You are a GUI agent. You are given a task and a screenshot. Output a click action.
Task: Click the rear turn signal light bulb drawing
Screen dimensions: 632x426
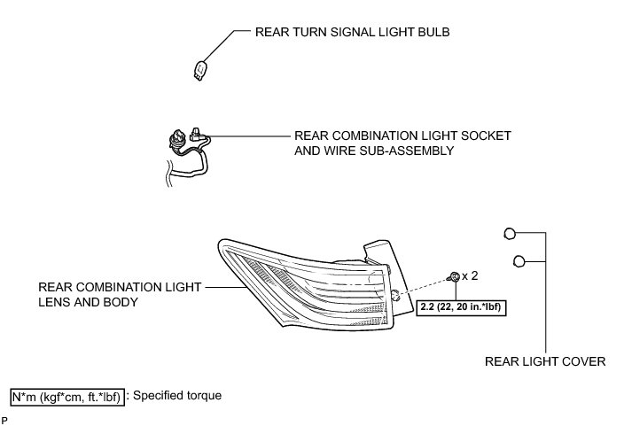coord(200,71)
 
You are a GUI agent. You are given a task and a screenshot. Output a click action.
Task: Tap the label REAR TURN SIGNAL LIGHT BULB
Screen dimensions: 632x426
coord(352,32)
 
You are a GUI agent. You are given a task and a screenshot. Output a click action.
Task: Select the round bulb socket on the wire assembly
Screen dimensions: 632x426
coord(177,139)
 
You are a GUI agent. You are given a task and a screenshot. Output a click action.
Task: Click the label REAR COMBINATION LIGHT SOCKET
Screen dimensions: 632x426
coord(402,136)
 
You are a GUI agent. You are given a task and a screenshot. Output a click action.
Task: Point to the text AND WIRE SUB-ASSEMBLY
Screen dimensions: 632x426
coord(374,151)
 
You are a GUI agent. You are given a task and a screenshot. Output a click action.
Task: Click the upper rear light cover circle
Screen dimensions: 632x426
coord(510,234)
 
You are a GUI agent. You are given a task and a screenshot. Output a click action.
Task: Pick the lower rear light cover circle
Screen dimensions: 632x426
coord(519,261)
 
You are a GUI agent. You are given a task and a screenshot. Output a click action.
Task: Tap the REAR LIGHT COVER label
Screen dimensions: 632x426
coord(545,361)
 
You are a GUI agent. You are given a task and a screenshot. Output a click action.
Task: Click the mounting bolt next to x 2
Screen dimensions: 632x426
coord(454,276)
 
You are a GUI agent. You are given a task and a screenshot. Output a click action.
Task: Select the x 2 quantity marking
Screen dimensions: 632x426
coord(470,275)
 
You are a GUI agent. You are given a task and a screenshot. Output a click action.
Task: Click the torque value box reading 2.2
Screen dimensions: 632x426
coord(461,307)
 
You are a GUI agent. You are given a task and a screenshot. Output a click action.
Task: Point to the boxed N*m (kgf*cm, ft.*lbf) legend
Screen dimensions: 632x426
coord(67,397)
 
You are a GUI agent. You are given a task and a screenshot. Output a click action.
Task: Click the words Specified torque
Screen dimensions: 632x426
coord(177,395)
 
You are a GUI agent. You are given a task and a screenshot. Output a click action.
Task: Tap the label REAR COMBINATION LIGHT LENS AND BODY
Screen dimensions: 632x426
coord(120,294)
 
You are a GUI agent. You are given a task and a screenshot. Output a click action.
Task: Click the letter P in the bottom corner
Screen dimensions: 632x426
coord(4,421)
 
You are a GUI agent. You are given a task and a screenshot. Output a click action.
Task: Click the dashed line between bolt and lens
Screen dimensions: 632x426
coord(423,286)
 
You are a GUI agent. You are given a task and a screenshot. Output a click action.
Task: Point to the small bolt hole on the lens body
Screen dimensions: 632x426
coord(395,296)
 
